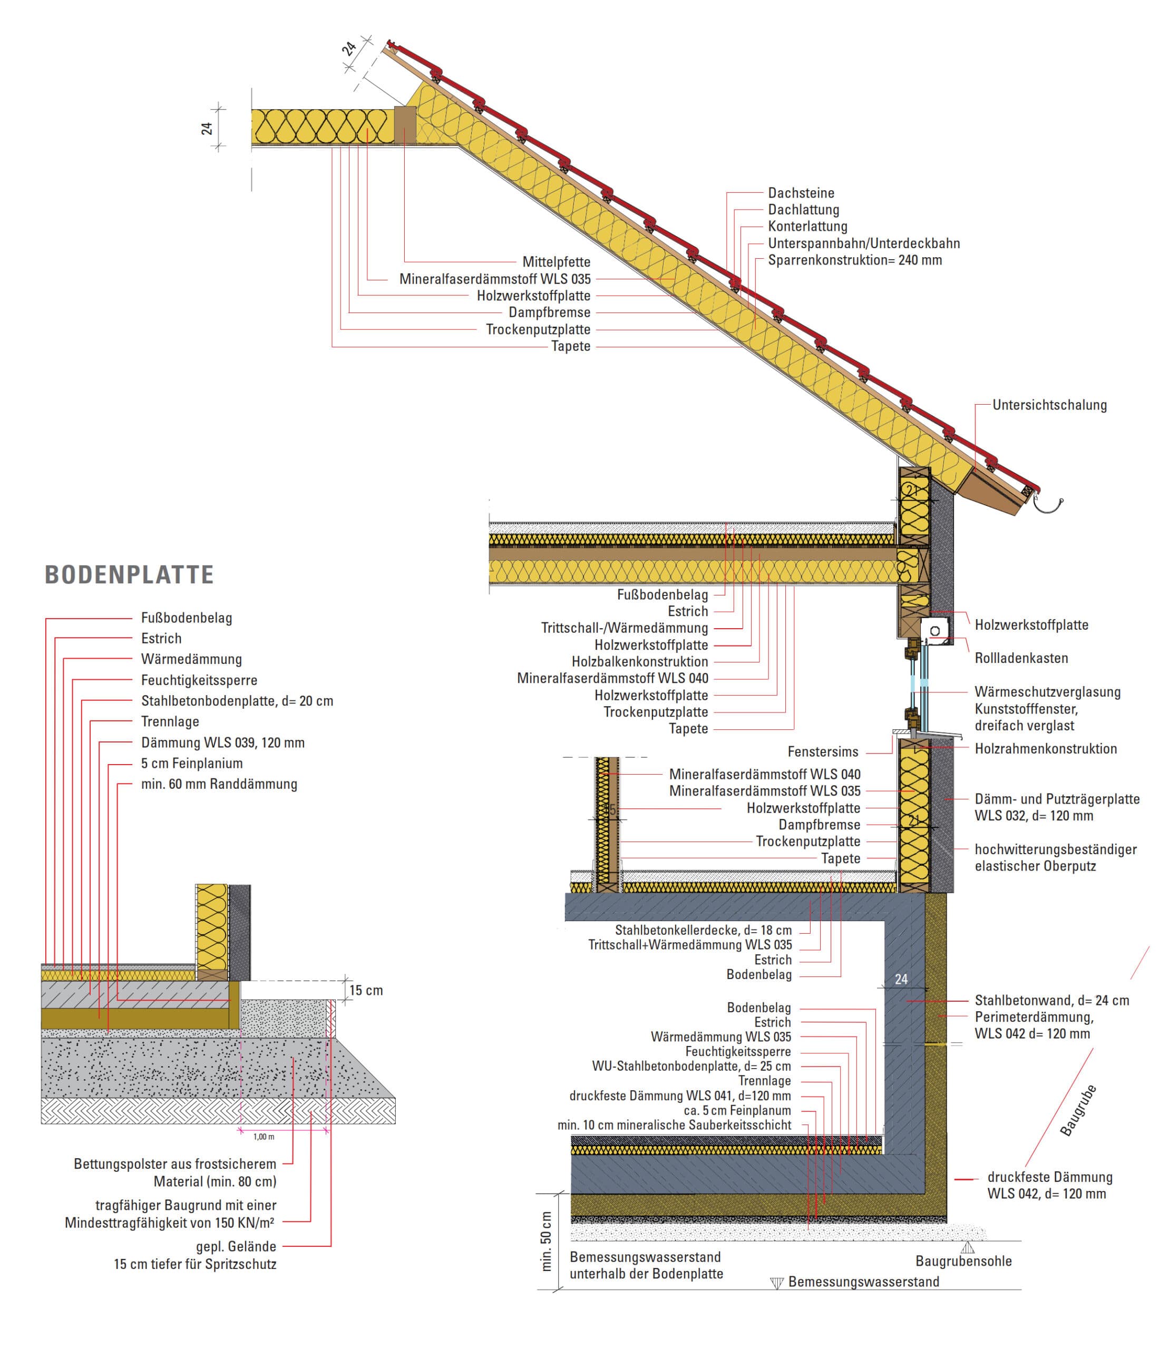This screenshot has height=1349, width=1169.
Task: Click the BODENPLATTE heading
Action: point(129,575)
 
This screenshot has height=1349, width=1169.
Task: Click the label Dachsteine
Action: point(801,193)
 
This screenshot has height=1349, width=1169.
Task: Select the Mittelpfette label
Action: point(556,262)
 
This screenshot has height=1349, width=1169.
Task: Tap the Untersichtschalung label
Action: point(1049,405)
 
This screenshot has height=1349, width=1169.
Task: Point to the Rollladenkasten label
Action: point(1021,658)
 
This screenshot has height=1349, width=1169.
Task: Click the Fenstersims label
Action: point(823,751)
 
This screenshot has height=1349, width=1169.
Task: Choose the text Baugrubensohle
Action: point(963,1261)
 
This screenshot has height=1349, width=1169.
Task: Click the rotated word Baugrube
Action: point(1078,1110)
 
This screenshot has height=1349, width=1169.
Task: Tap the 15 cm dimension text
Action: point(366,990)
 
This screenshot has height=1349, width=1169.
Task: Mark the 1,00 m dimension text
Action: point(264,1137)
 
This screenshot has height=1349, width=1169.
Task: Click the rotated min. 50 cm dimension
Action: point(547,1241)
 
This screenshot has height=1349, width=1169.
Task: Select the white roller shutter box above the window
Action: point(936,631)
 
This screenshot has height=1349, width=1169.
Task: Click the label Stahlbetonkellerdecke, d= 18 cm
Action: point(703,930)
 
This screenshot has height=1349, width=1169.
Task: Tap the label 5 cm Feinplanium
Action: point(192,763)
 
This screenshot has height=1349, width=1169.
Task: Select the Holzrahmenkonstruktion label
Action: point(1045,749)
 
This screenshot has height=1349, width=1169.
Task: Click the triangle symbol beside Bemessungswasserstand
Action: point(776,1283)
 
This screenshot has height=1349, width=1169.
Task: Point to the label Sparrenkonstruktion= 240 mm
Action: point(854,260)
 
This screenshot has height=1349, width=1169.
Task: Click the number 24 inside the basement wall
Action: point(901,979)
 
